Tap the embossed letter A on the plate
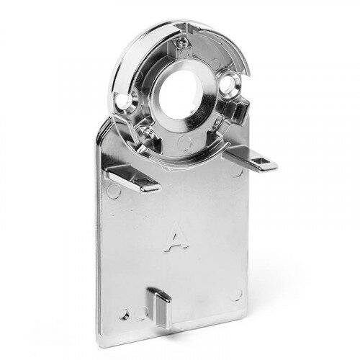174,237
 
